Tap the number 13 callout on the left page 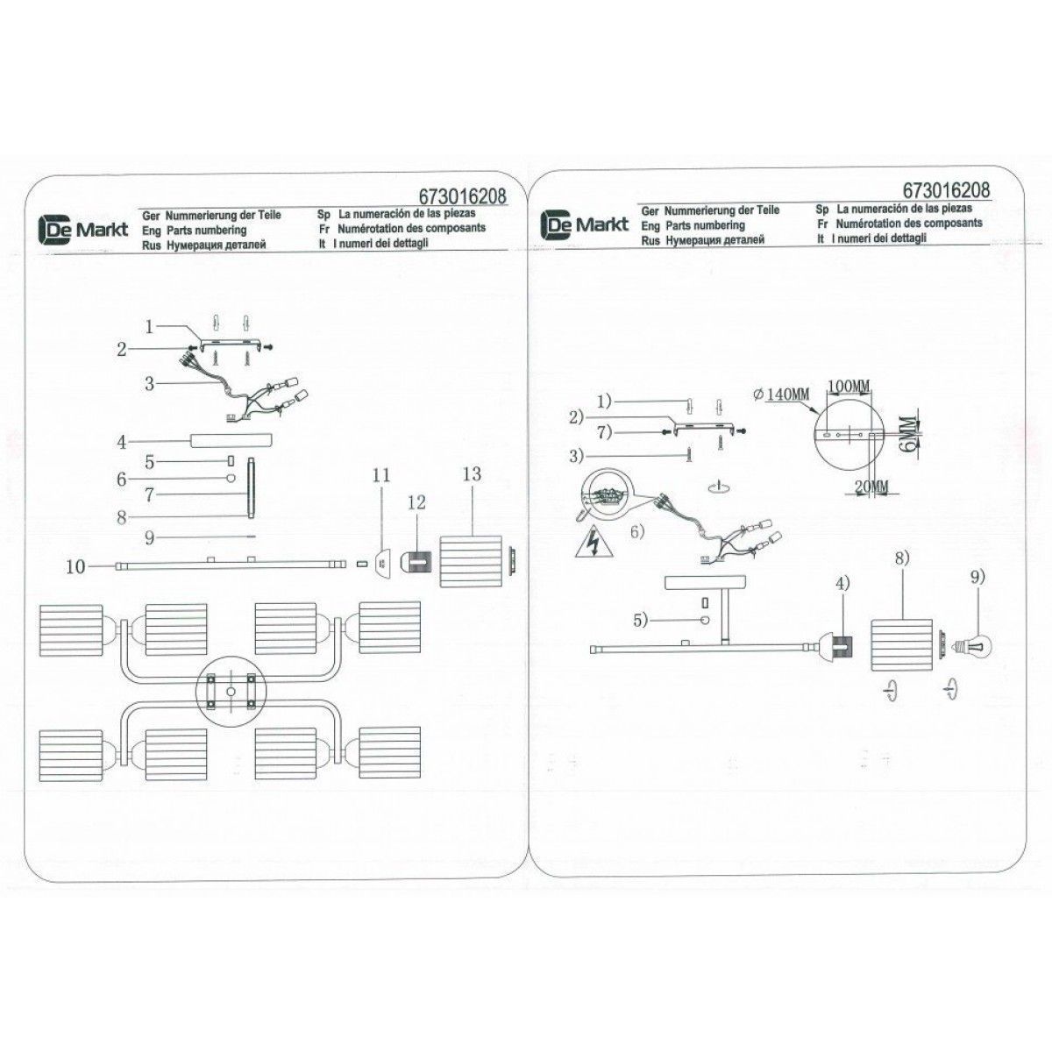tap(472, 474)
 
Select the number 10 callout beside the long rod tap(77, 567)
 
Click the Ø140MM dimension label tap(781, 394)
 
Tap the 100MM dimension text tap(848, 387)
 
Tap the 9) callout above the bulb tap(977, 577)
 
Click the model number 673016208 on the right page tap(946, 190)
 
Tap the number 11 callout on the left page tap(380, 476)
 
